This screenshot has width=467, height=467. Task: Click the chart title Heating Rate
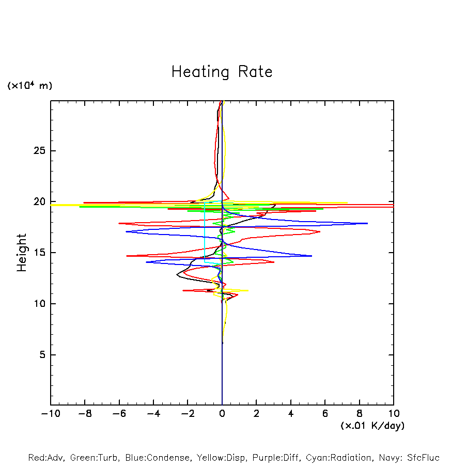pyautogui.click(x=222, y=72)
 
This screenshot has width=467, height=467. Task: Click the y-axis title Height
pyautogui.click(x=22, y=253)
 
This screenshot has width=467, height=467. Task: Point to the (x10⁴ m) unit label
pyautogui.click(x=29, y=86)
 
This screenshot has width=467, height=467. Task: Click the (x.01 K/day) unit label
pyautogui.click(x=372, y=426)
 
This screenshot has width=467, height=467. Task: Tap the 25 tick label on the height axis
pyautogui.click(x=39, y=151)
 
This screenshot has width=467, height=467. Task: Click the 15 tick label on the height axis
pyautogui.click(x=39, y=253)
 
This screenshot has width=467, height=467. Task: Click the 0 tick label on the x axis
pyautogui.click(x=222, y=414)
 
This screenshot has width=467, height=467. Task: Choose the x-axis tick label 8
pyautogui.click(x=360, y=414)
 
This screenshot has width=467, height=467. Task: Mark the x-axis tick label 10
pyautogui.click(x=394, y=414)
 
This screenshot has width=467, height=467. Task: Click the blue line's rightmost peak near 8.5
pyautogui.click(x=367, y=223)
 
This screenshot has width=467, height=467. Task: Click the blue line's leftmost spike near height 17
pyautogui.click(x=126, y=231)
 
